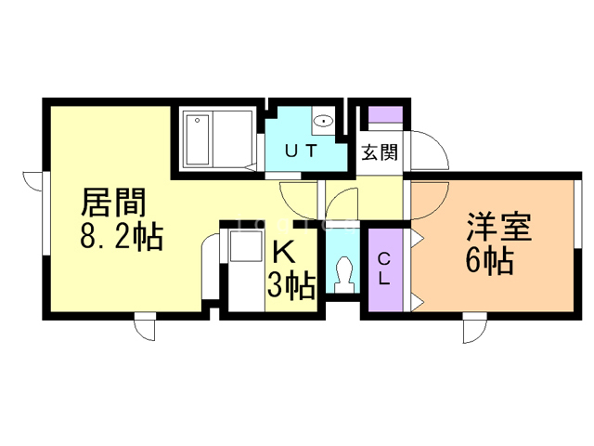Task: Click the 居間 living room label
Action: (113, 203)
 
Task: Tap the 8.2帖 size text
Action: (122, 236)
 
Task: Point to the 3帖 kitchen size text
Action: (291, 285)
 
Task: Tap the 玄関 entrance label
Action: (380, 152)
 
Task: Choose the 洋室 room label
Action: (499, 227)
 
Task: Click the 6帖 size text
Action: (489, 261)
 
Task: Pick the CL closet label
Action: (384, 269)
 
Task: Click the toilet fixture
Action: (343, 275)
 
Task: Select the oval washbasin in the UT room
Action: (323, 121)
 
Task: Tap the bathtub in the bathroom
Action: (198, 140)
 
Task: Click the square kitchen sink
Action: (246, 245)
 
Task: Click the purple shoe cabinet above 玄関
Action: (385, 114)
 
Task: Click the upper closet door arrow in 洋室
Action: (418, 239)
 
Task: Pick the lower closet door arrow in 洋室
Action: (418, 302)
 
